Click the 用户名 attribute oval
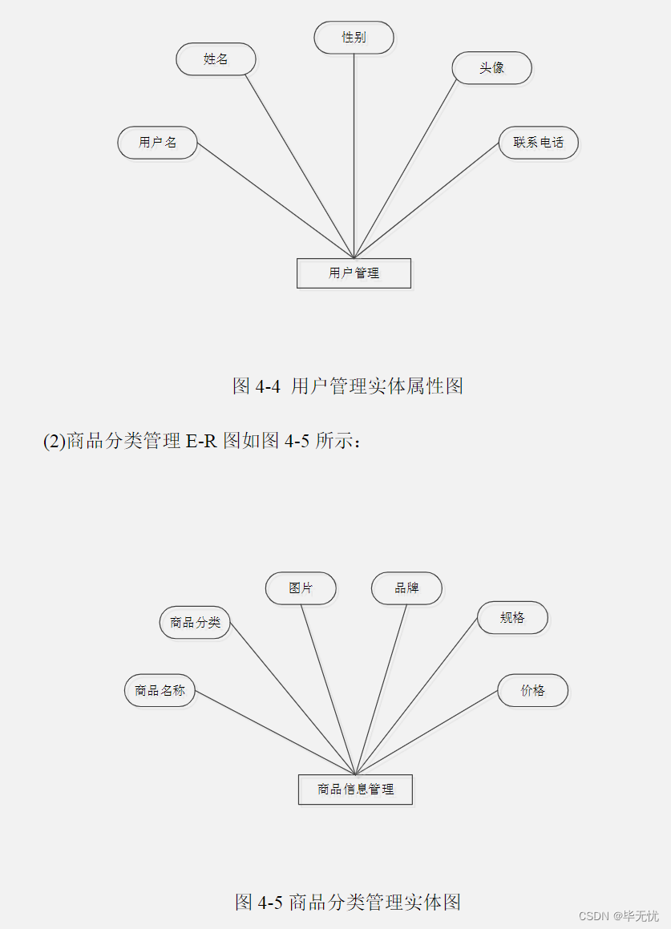click(157, 143)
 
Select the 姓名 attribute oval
click(216, 59)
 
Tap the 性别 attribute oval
click(354, 38)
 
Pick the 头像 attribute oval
click(491, 68)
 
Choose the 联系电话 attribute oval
click(538, 143)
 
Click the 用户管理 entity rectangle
click(354, 273)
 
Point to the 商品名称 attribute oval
click(160, 690)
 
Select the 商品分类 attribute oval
click(195, 622)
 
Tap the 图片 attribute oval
click(301, 588)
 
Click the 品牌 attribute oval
click(406, 588)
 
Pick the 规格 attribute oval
click(512, 618)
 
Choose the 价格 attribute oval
click(532, 690)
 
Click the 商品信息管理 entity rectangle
click(355, 790)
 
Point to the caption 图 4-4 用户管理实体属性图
click(348, 386)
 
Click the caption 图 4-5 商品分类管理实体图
click(348, 902)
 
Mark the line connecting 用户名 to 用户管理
click(275, 200)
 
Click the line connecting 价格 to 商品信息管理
click(426, 732)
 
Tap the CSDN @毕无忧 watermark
click(619, 915)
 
